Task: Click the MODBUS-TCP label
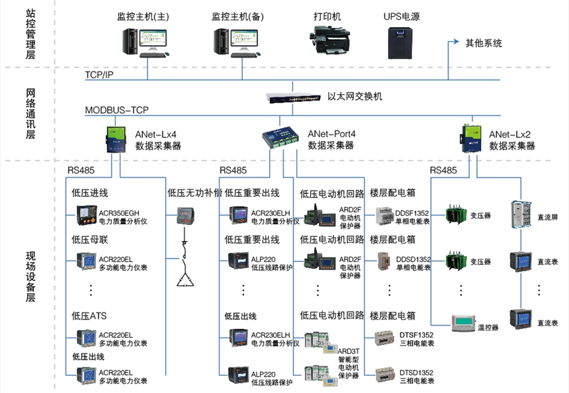click(x=117, y=109)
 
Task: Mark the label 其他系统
click(x=484, y=43)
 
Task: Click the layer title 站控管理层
click(x=30, y=33)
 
